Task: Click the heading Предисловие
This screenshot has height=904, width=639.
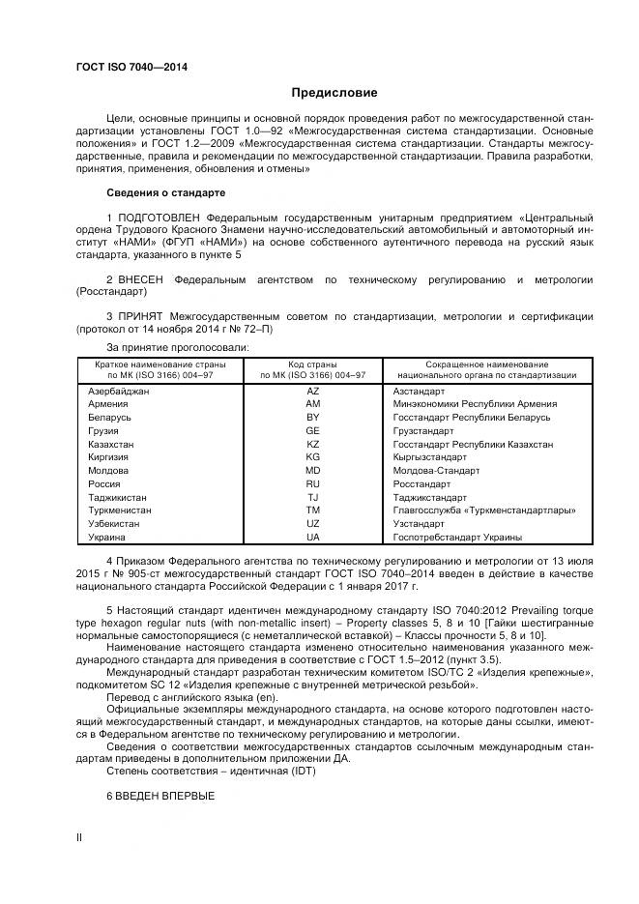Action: [x=334, y=93]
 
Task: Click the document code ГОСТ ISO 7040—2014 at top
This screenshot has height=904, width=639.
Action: [x=131, y=67]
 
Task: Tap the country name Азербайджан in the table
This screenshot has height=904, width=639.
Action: [x=119, y=391]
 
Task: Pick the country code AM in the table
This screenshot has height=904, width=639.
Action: [x=312, y=403]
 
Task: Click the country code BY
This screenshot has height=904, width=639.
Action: [x=312, y=417]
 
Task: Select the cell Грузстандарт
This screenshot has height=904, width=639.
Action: [x=422, y=430]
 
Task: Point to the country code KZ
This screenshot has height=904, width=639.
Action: [x=312, y=444]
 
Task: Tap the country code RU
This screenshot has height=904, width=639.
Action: [x=312, y=483]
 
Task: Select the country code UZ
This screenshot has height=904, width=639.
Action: [x=312, y=523]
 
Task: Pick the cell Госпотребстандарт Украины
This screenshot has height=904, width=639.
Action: [x=457, y=537]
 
